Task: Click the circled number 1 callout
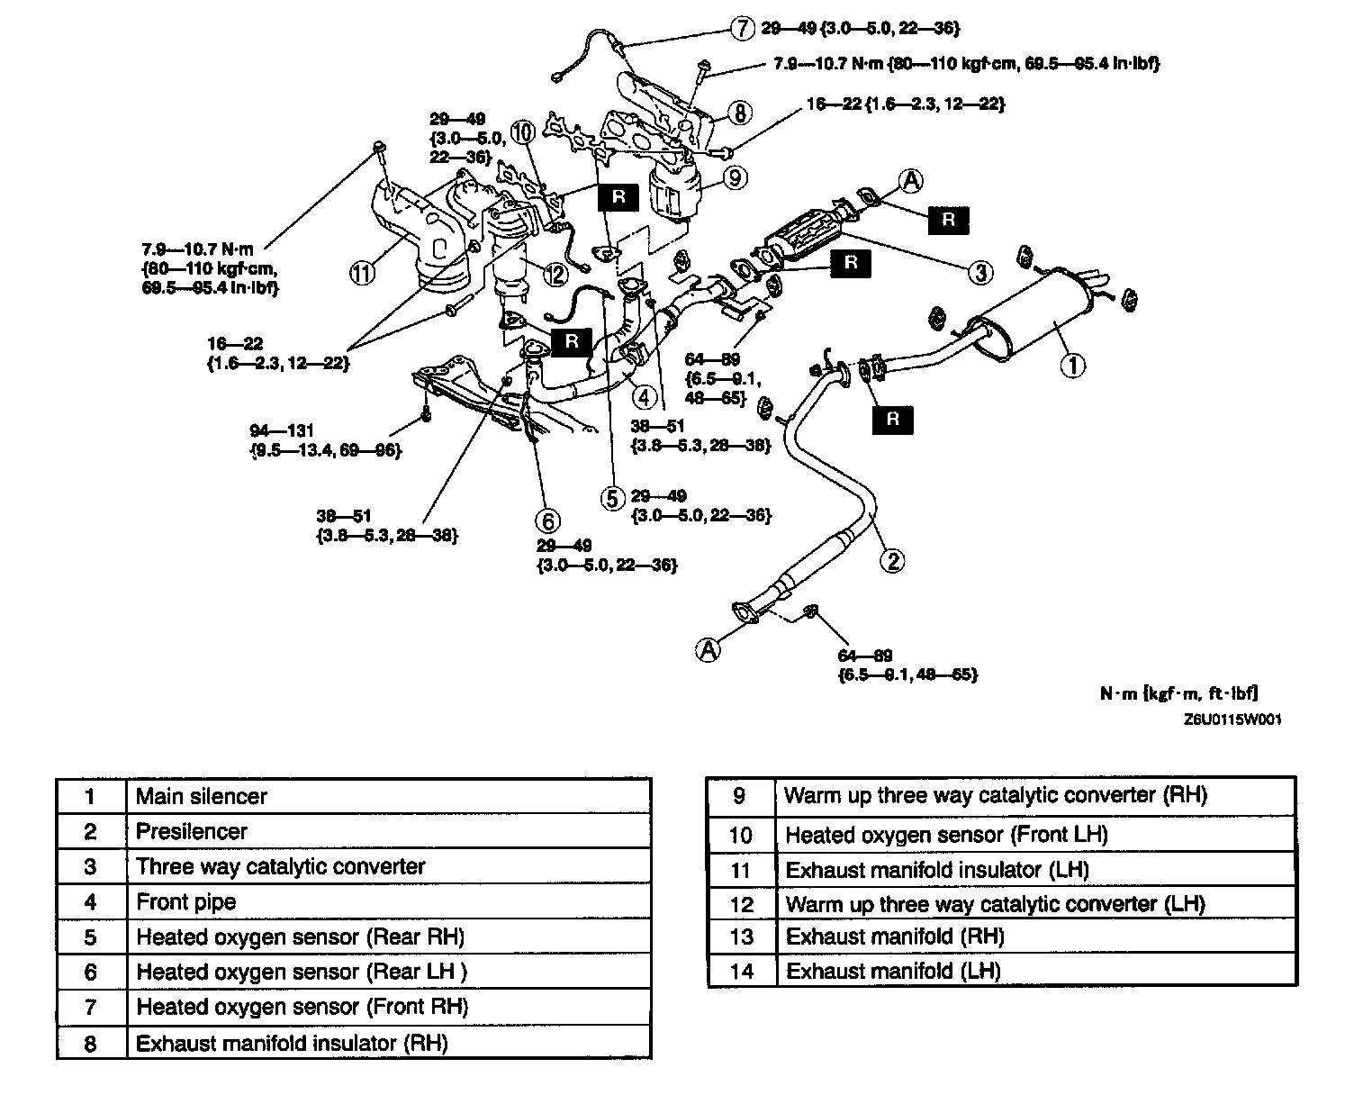tap(1071, 365)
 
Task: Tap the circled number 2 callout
tap(891, 560)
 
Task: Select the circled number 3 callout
tap(980, 271)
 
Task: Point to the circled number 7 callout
tap(741, 29)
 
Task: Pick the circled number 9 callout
tap(736, 178)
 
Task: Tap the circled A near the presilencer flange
tap(709, 648)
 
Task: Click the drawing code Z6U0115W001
tap(1232, 719)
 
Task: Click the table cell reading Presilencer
tap(191, 831)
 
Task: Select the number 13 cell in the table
tap(741, 937)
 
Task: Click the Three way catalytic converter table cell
tap(280, 866)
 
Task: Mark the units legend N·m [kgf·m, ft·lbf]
tap(1178, 693)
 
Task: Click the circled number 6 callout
tap(547, 520)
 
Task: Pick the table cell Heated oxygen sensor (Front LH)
tap(946, 835)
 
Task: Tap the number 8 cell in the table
tap(90, 1043)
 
